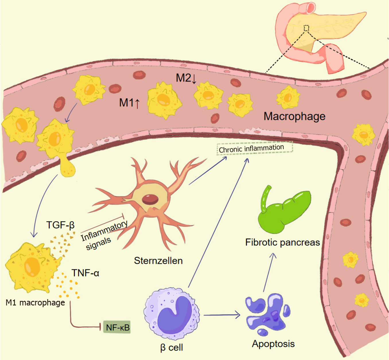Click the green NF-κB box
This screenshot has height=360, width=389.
[117, 327]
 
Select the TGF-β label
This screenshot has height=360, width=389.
[60, 225]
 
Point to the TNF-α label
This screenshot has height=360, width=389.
[85, 273]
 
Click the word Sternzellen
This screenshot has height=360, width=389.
[158, 261]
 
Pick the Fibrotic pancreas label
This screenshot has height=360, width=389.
[282, 242]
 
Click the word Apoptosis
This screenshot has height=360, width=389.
[273, 344]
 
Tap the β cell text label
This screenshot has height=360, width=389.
[172, 348]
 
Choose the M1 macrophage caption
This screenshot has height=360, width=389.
[35, 303]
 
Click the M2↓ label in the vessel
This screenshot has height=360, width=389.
[186, 78]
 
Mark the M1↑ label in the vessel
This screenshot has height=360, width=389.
[129, 103]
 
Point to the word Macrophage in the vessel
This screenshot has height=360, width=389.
[294, 116]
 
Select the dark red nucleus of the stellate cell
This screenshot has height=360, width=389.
[150, 199]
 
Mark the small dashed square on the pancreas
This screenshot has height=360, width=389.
[306, 28]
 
